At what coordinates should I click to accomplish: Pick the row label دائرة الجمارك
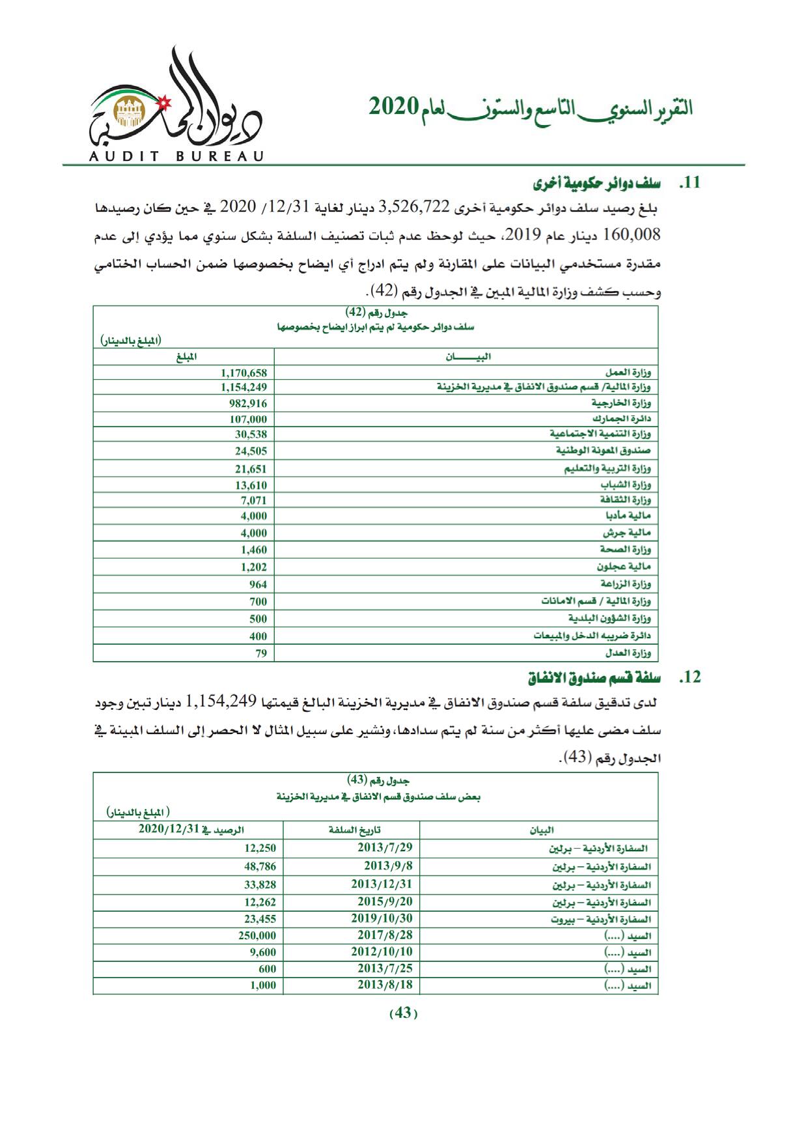tap(622, 419)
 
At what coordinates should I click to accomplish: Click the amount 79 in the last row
tap(261, 653)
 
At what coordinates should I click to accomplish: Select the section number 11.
tap(690, 183)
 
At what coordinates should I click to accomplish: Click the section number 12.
tap(690, 677)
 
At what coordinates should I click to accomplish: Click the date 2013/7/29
tap(385, 847)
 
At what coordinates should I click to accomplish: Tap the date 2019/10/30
tap(382, 918)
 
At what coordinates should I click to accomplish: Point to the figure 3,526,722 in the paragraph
tap(413, 207)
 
